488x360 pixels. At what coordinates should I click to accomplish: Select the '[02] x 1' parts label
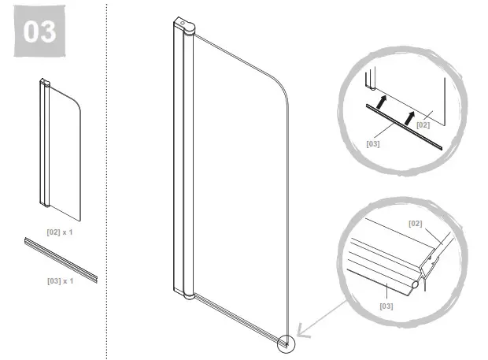[60, 232]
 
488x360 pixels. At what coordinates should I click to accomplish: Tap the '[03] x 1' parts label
[60, 280]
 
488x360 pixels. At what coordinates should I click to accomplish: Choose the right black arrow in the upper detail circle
[410, 116]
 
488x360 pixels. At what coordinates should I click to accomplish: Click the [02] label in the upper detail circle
[423, 124]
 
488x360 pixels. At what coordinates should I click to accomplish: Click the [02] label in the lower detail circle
[415, 223]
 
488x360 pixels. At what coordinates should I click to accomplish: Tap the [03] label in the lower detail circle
[386, 305]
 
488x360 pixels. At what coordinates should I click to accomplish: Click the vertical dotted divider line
[107, 181]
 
